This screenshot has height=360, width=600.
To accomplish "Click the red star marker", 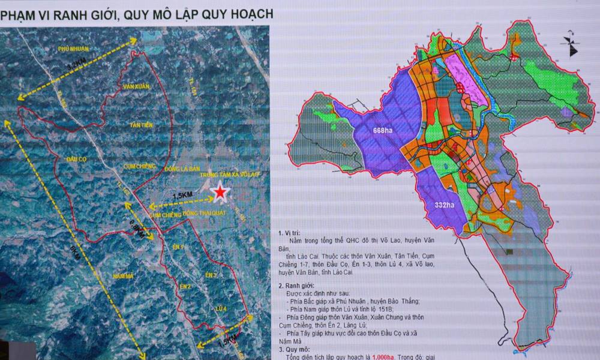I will coord(221,192).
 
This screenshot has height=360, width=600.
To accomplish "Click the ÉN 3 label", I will coord(211,275).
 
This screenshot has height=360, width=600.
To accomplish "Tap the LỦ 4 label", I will coord(218,308).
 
